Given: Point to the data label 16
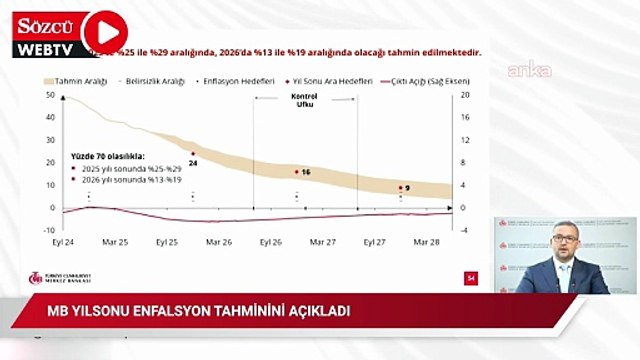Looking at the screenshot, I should pyautogui.click(x=306, y=173).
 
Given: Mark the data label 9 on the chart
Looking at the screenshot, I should pyautogui.click(x=408, y=188).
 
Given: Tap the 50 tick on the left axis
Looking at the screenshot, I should pyautogui.click(x=50, y=96).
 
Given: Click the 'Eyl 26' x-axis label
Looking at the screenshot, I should pyautogui.click(x=270, y=242).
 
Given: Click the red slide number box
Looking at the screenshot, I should pyautogui.click(x=470, y=278).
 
